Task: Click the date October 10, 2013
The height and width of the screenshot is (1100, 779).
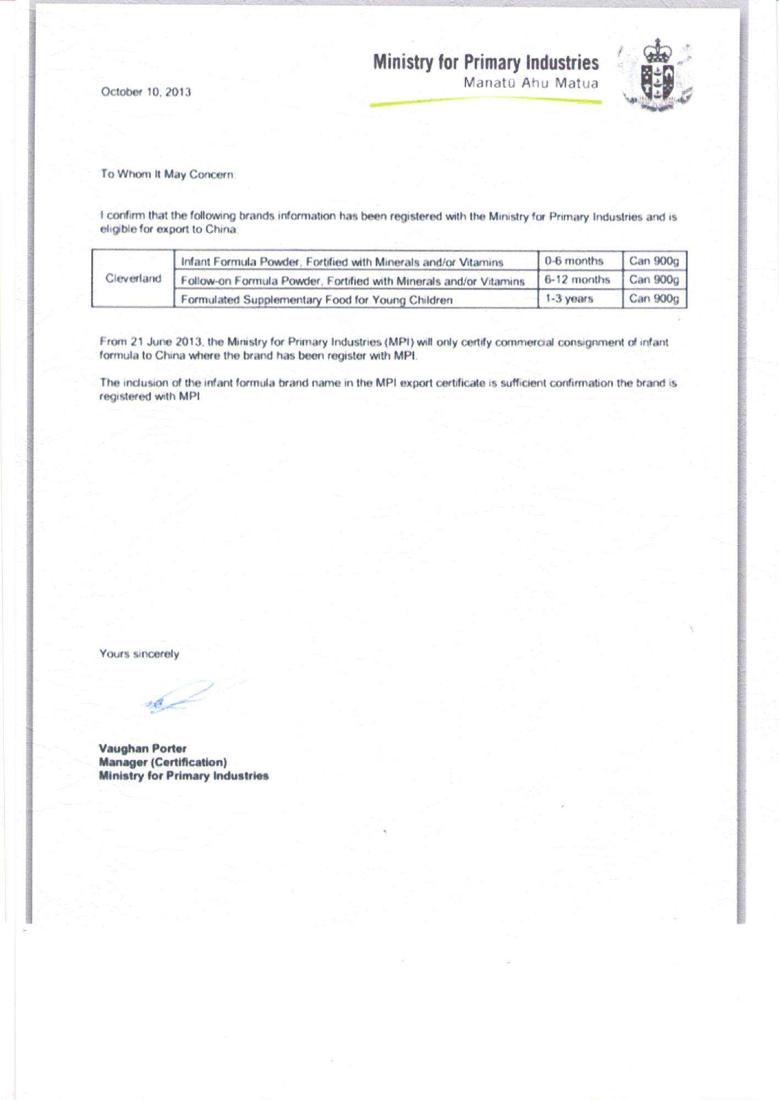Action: click(x=146, y=92)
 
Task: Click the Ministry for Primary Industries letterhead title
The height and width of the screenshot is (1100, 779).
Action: click(x=486, y=63)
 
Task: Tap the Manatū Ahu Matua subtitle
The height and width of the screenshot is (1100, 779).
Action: click(x=530, y=84)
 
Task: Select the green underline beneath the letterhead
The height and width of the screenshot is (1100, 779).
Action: click(x=486, y=101)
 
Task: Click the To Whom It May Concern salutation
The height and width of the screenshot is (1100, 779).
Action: click(x=168, y=174)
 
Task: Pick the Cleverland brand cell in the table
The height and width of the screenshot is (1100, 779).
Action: click(x=133, y=279)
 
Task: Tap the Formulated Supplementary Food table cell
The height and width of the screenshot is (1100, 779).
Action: click(x=316, y=300)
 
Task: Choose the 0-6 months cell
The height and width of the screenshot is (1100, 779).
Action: click(x=574, y=261)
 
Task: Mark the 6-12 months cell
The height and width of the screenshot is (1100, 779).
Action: click(x=577, y=280)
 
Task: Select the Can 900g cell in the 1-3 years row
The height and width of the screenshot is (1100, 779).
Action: click(x=654, y=299)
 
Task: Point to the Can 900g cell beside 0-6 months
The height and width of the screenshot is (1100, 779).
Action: click(x=654, y=261)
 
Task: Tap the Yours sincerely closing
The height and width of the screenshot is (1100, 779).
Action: click(x=139, y=654)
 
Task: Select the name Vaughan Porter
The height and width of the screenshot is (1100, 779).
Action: click(x=142, y=749)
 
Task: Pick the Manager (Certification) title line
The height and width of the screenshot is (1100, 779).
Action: click(x=163, y=762)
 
